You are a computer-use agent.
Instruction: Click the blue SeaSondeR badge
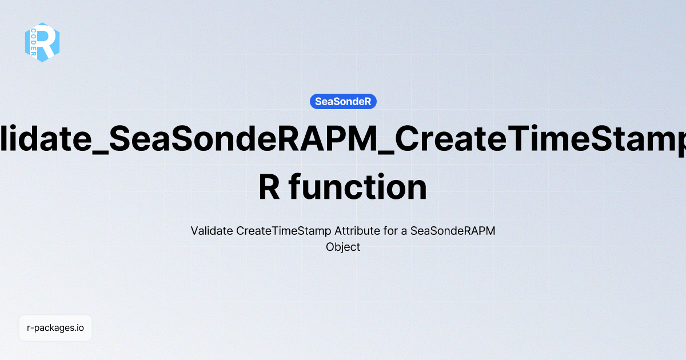343,102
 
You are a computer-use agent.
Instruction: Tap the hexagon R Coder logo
42,42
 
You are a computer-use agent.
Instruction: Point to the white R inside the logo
49,42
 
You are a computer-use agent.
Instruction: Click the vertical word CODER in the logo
34,43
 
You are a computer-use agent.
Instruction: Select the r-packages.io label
55,329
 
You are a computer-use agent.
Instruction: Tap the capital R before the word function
269,187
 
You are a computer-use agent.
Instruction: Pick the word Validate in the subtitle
211,231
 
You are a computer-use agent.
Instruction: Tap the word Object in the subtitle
343,247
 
